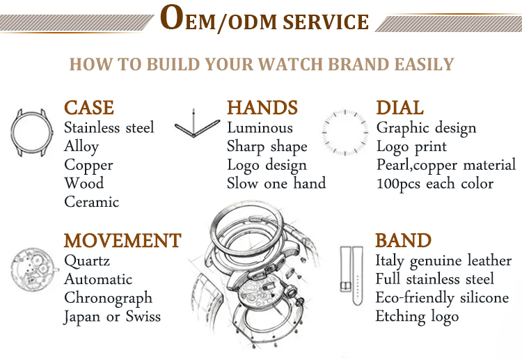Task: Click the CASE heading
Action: tap(89, 107)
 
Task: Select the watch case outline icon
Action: tap(12, 133)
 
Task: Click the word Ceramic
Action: tap(92, 202)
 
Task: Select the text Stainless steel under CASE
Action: tap(109, 127)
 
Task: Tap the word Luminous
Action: tap(260, 127)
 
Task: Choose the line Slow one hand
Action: tap(276, 183)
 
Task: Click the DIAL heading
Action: tap(400, 107)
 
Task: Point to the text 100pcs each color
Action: tap(435, 184)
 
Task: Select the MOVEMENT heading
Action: tap(122, 240)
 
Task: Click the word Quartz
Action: tap(87, 260)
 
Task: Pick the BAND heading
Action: tap(403, 240)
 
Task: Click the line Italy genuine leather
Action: tap(443, 260)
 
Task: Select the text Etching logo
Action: tap(417, 317)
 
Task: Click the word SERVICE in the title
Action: tap(326, 22)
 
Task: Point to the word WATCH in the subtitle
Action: tap(291, 64)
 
